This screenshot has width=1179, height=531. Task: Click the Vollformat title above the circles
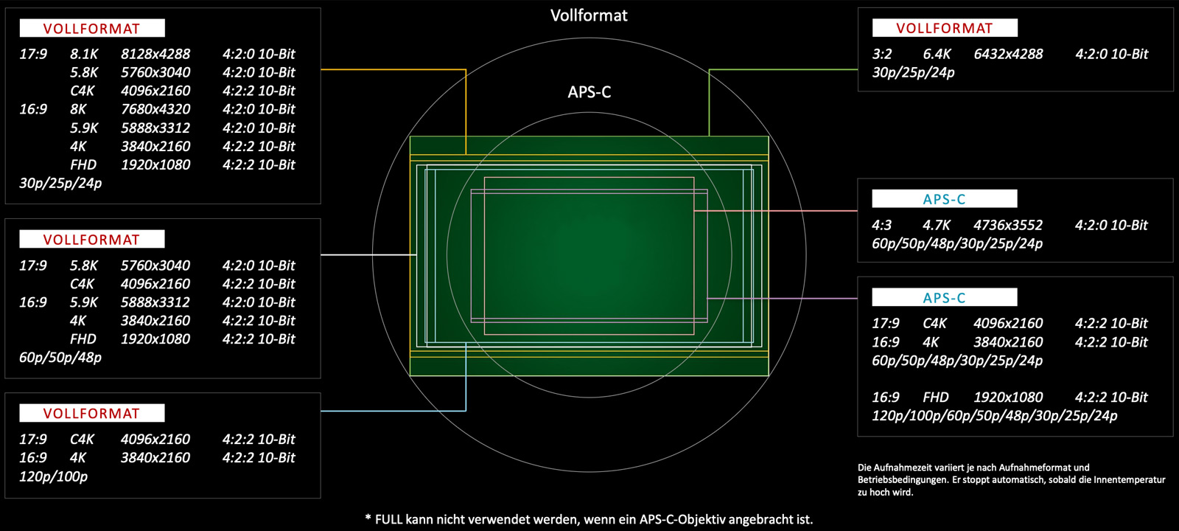(589, 15)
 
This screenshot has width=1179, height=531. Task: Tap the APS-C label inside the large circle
(589, 92)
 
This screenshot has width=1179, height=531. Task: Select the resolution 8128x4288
(155, 54)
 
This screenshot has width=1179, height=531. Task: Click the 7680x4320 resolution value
(155, 109)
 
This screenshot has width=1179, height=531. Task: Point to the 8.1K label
(84, 54)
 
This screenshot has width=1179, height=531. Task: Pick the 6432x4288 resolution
(1008, 54)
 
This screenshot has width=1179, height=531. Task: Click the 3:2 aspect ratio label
(882, 54)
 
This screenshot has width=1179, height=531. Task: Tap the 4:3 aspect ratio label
(881, 225)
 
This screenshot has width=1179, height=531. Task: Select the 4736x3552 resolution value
(1008, 225)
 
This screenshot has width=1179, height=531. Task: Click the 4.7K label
(937, 225)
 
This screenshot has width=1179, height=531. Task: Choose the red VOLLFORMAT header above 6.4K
(945, 28)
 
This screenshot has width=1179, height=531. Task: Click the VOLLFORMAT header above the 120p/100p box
(91, 413)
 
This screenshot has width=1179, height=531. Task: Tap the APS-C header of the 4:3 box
(944, 199)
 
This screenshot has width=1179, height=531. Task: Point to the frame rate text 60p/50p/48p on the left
(60, 358)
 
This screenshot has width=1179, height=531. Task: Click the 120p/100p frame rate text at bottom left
(53, 476)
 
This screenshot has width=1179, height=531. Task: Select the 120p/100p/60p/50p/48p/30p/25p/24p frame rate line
(994, 416)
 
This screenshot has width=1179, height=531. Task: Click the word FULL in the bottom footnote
(389, 519)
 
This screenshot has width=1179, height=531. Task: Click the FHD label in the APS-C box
(936, 398)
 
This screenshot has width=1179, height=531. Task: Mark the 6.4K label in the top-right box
(937, 54)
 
